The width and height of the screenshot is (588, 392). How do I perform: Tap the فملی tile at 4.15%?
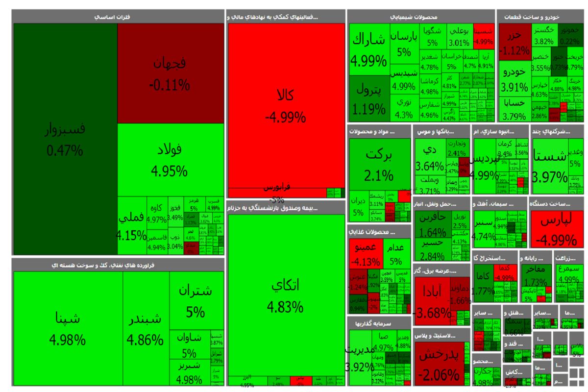(x=132, y=224)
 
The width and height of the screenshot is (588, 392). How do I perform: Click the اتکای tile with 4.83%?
(x=285, y=294)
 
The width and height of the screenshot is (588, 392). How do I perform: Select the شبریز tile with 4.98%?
(x=190, y=372)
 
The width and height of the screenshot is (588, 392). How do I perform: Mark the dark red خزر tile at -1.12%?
(x=514, y=42)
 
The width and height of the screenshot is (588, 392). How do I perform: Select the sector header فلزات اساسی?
(x=118, y=17)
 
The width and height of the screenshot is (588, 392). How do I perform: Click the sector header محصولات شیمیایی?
(x=420, y=17)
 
